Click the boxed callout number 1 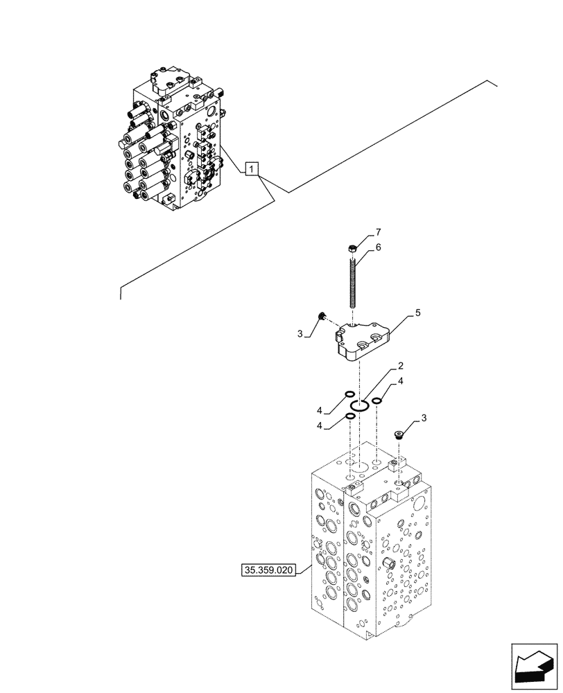coord(252,168)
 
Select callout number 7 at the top coord(378,231)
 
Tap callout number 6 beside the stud coord(378,247)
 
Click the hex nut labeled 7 coord(352,249)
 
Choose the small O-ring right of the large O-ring coord(376,400)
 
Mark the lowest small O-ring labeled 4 coord(351,416)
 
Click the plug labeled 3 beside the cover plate coord(321,317)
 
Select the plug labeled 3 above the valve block coord(398,435)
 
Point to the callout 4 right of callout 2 coord(401,381)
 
